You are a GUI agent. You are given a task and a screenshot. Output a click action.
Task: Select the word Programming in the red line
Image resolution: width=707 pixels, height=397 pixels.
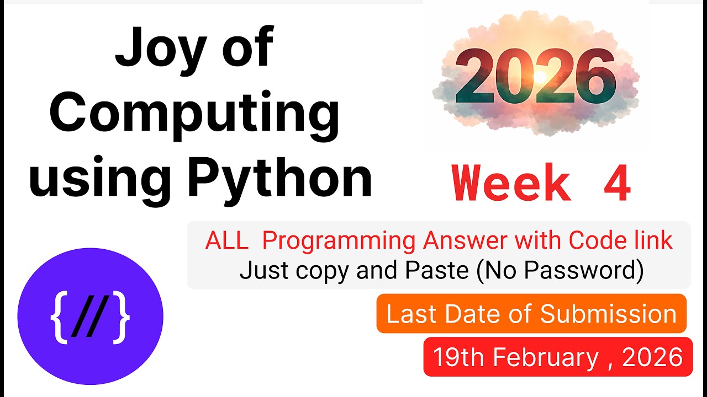(339, 241)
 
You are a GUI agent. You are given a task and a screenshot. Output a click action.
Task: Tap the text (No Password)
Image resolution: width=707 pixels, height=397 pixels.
(562, 271)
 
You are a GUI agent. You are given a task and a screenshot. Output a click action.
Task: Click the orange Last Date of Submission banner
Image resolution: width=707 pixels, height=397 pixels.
(531, 314)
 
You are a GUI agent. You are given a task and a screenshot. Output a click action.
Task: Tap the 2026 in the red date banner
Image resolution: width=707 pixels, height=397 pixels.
(652, 357)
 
